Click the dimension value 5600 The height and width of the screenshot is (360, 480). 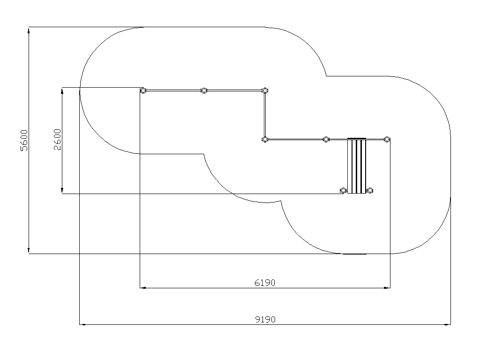click(x=24, y=141)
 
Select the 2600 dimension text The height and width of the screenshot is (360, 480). click(x=57, y=140)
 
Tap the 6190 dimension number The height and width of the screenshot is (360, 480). click(x=265, y=283)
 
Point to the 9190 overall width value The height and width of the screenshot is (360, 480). click(x=265, y=320)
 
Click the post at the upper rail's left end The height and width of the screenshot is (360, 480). click(x=143, y=90)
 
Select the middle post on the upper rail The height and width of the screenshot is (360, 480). click(x=204, y=90)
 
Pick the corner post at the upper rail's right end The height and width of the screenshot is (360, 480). click(x=265, y=90)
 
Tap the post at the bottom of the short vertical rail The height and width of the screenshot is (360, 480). click(x=265, y=140)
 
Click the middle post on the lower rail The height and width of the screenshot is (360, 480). click(x=326, y=140)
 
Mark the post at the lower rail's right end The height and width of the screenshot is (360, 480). click(x=387, y=140)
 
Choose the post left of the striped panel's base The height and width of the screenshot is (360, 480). click(x=344, y=191)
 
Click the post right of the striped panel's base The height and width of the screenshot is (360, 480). click(x=370, y=191)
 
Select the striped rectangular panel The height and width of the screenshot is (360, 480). click(x=357, y=166)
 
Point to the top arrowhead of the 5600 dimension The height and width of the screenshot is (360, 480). click(x=29, y=30)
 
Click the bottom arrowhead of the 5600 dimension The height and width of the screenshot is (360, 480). click(x=29, y=251)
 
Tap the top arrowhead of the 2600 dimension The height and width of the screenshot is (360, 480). click(x=62, y=90)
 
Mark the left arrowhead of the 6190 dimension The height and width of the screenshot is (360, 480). click(x=143, y=288)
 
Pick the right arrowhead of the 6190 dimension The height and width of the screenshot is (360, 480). click(x=387, y=288)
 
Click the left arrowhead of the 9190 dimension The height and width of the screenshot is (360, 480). click(x=82, y=324)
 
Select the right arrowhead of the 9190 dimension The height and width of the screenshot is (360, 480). click(x=448, y=324)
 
